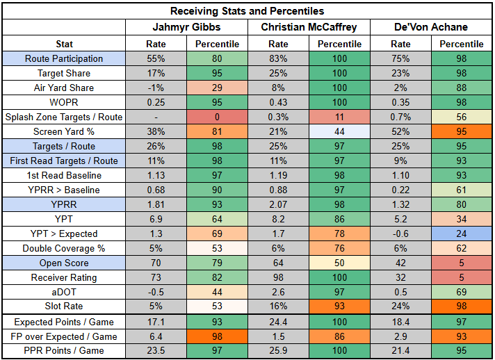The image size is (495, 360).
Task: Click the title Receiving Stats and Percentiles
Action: [x=247, y=11]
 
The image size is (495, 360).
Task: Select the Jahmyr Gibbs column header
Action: [x=186, y=27]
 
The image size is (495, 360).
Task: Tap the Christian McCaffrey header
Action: [x=309, y=27]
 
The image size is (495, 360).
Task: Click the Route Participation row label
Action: [x=63, y=59]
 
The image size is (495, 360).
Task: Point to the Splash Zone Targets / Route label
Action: [x=63, y=117]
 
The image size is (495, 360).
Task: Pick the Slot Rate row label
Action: [x=63, y=306]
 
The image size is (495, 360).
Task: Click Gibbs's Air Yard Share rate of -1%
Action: [x=156, y=88]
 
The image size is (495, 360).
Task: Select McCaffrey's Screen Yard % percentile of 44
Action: [x=339, y=132]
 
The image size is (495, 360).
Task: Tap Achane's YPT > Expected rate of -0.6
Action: [x=401, y=234]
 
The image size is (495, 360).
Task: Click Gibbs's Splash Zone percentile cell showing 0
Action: [x=217, y=117]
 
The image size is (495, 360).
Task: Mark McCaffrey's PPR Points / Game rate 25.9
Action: [x=278, y=351]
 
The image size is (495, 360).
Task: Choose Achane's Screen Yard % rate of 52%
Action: [x=401, y=132]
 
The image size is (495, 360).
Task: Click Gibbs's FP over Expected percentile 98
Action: [x=217, y=336]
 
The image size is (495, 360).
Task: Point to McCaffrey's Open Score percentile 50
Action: [x=339, y=263]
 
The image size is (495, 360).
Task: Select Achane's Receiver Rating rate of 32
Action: [x=401, y=277]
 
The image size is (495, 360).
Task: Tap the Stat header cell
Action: [x=63, y=44]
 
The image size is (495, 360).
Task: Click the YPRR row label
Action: [x=63, y=204]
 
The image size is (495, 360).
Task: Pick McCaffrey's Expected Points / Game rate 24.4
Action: [x=278, y=322]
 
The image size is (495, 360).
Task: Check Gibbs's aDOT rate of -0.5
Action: [x=156, y=292]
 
